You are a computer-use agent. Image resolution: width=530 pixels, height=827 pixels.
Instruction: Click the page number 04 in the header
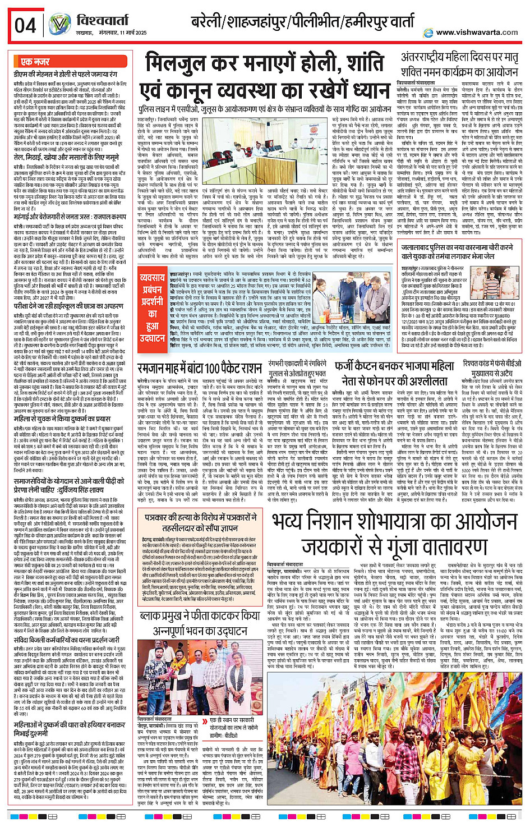[x=25, y=25]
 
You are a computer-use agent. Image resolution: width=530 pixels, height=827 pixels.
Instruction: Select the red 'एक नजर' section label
[x=35, y=62]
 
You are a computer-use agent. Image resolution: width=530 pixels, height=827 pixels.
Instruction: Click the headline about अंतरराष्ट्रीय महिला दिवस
[x=459, y=65]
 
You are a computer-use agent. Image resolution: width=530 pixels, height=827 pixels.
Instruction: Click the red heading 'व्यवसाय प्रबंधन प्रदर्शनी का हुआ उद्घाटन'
[x=152, y=308]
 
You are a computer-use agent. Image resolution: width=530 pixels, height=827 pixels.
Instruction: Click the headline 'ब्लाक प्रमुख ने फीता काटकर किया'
[x=200, y=616]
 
